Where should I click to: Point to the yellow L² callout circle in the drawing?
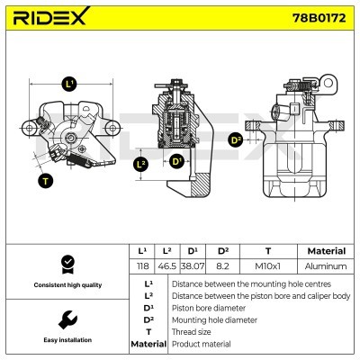140,164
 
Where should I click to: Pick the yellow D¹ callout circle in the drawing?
176,162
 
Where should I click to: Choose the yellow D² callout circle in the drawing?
236,139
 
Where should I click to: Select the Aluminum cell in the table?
326,266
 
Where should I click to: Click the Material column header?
326,251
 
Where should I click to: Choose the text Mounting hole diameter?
215,319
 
